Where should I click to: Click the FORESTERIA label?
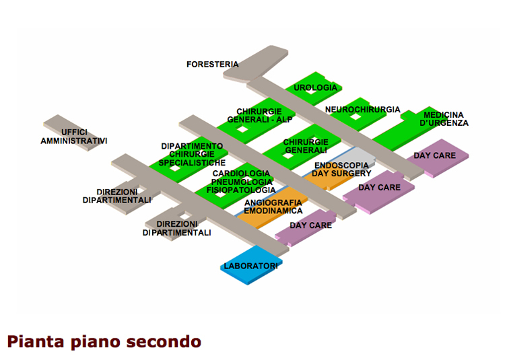pyautogui.click(x=212, y=65)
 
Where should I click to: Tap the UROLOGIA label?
pyautogui.click(x=315, y=88)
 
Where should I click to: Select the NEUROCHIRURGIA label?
pyautogui.click(x=362, y=110)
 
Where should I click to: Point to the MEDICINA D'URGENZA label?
pyautogui.click(x=444, y=119)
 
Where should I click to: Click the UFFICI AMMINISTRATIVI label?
pyautogui.click(x=73, y=137)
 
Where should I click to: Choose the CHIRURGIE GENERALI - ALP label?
pyautogui.click(x=264, y=116)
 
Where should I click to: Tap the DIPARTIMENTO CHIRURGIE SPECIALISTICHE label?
pyautogui.click(x=192, y=155)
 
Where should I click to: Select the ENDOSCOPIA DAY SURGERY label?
pyautogui.click(x=341, y=170)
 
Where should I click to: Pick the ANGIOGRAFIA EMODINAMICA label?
pyautogui.click(x=273, y=207)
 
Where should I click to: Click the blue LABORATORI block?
pyautogui.click(x=250, y=267)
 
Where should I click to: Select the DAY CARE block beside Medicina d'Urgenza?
pyautogui.click(x=435, y=156)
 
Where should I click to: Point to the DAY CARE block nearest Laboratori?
pyautogui.click(x=310, y=226)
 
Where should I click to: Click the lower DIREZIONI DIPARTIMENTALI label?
pyautogui.click(x=176, y=228)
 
